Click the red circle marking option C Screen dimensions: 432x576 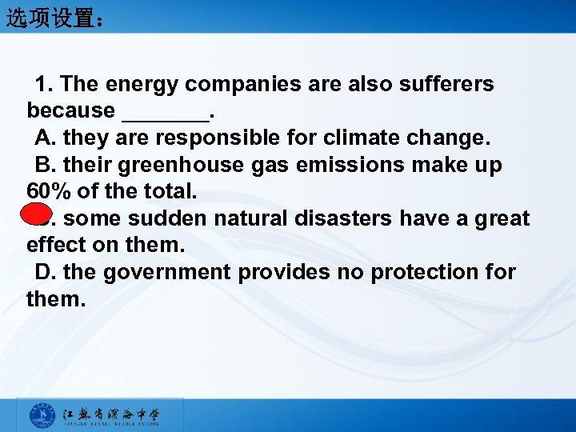click(33, 218)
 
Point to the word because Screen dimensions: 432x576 click(70, 110)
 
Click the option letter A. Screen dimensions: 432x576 click(44, 138)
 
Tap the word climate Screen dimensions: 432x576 click(365, 138)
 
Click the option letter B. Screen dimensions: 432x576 click(44, 165)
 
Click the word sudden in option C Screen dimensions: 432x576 click(165, 218)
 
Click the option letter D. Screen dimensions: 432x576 click(44, 272)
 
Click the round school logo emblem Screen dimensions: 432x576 click(42, 416)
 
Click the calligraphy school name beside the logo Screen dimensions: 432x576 click(112, 415)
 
